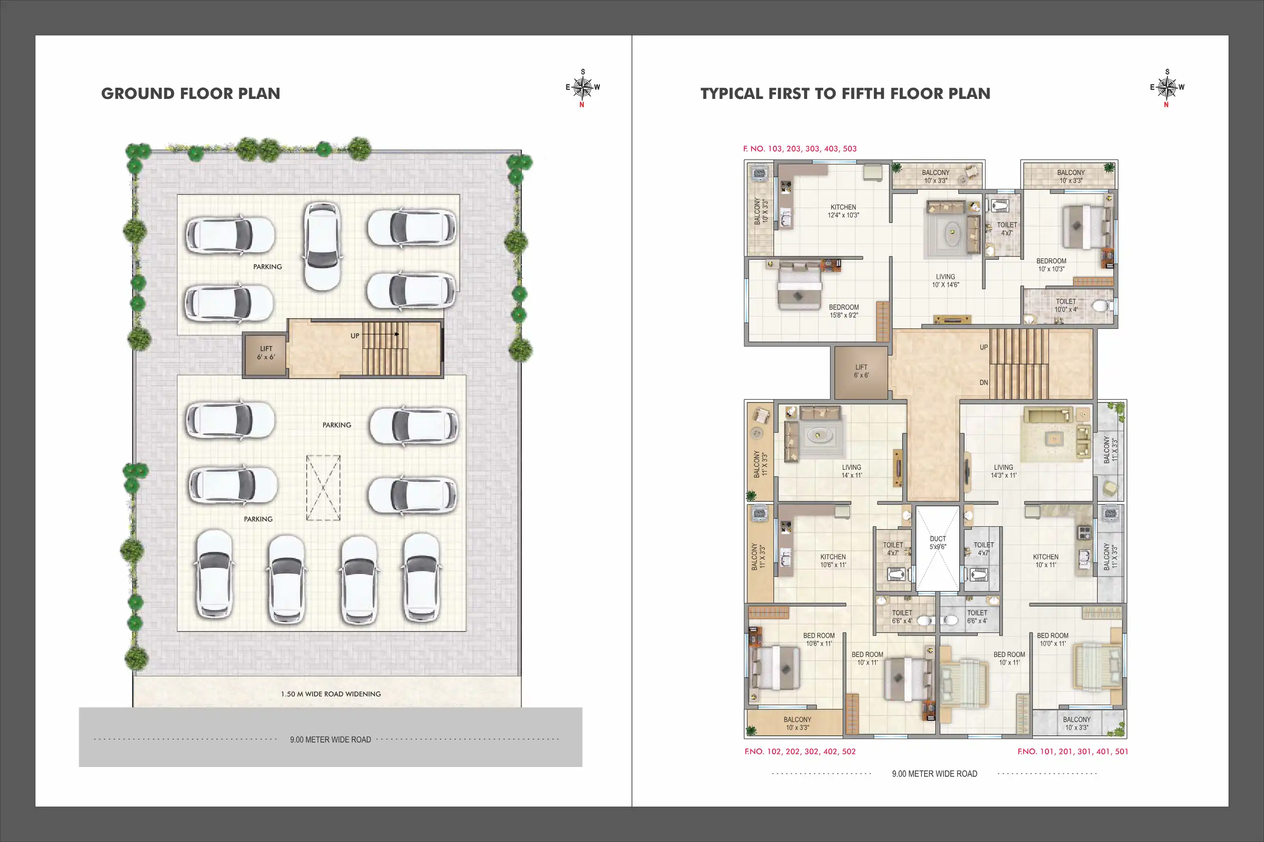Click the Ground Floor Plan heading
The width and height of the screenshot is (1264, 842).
(x=191, y=94)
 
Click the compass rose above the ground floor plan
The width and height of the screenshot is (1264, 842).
(x=583, y=88)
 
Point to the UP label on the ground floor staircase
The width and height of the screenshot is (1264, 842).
(x=355, y=336)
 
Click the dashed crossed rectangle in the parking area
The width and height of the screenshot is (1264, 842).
(x=323, y=488)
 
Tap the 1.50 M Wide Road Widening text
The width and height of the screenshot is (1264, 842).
(x=331, y=694)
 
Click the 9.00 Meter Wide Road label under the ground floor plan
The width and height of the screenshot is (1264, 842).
(x=331, y=740)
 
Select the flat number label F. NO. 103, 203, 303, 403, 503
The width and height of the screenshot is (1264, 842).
(x=800, y=149)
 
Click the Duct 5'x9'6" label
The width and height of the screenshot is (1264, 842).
(x=938, y=542)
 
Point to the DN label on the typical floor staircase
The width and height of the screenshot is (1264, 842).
(x=984, y=383)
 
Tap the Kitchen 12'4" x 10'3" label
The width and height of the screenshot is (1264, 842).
(x=843, y=211)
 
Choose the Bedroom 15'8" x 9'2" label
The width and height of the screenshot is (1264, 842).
(x=844, y=311)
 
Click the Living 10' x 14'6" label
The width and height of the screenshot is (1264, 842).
(x=945, y=281)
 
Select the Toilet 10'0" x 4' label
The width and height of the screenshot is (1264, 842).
(x=1066, y=306)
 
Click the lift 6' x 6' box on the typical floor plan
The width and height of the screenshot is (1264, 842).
(x=861, y=372)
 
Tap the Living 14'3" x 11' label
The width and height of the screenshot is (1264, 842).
(x=1004, y=471)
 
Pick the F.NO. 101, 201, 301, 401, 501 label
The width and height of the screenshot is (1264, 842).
(x=1073, y=751)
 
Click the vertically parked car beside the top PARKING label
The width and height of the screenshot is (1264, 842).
(x=322, y=246)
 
